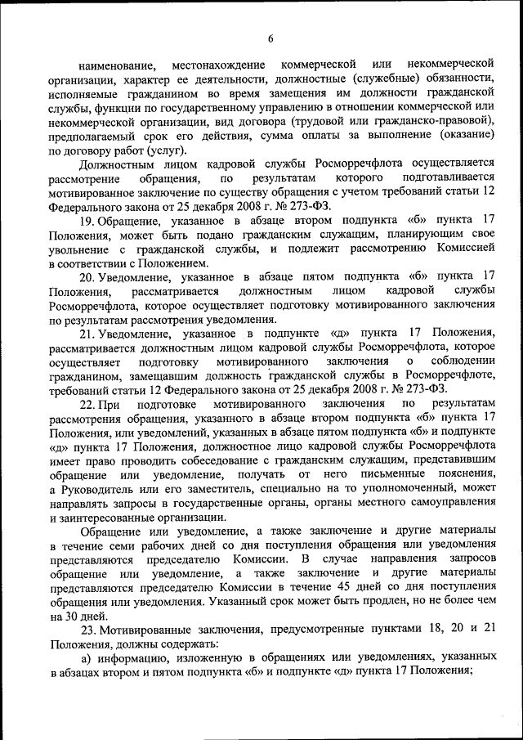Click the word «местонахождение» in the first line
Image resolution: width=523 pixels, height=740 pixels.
[x=219, y=64]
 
